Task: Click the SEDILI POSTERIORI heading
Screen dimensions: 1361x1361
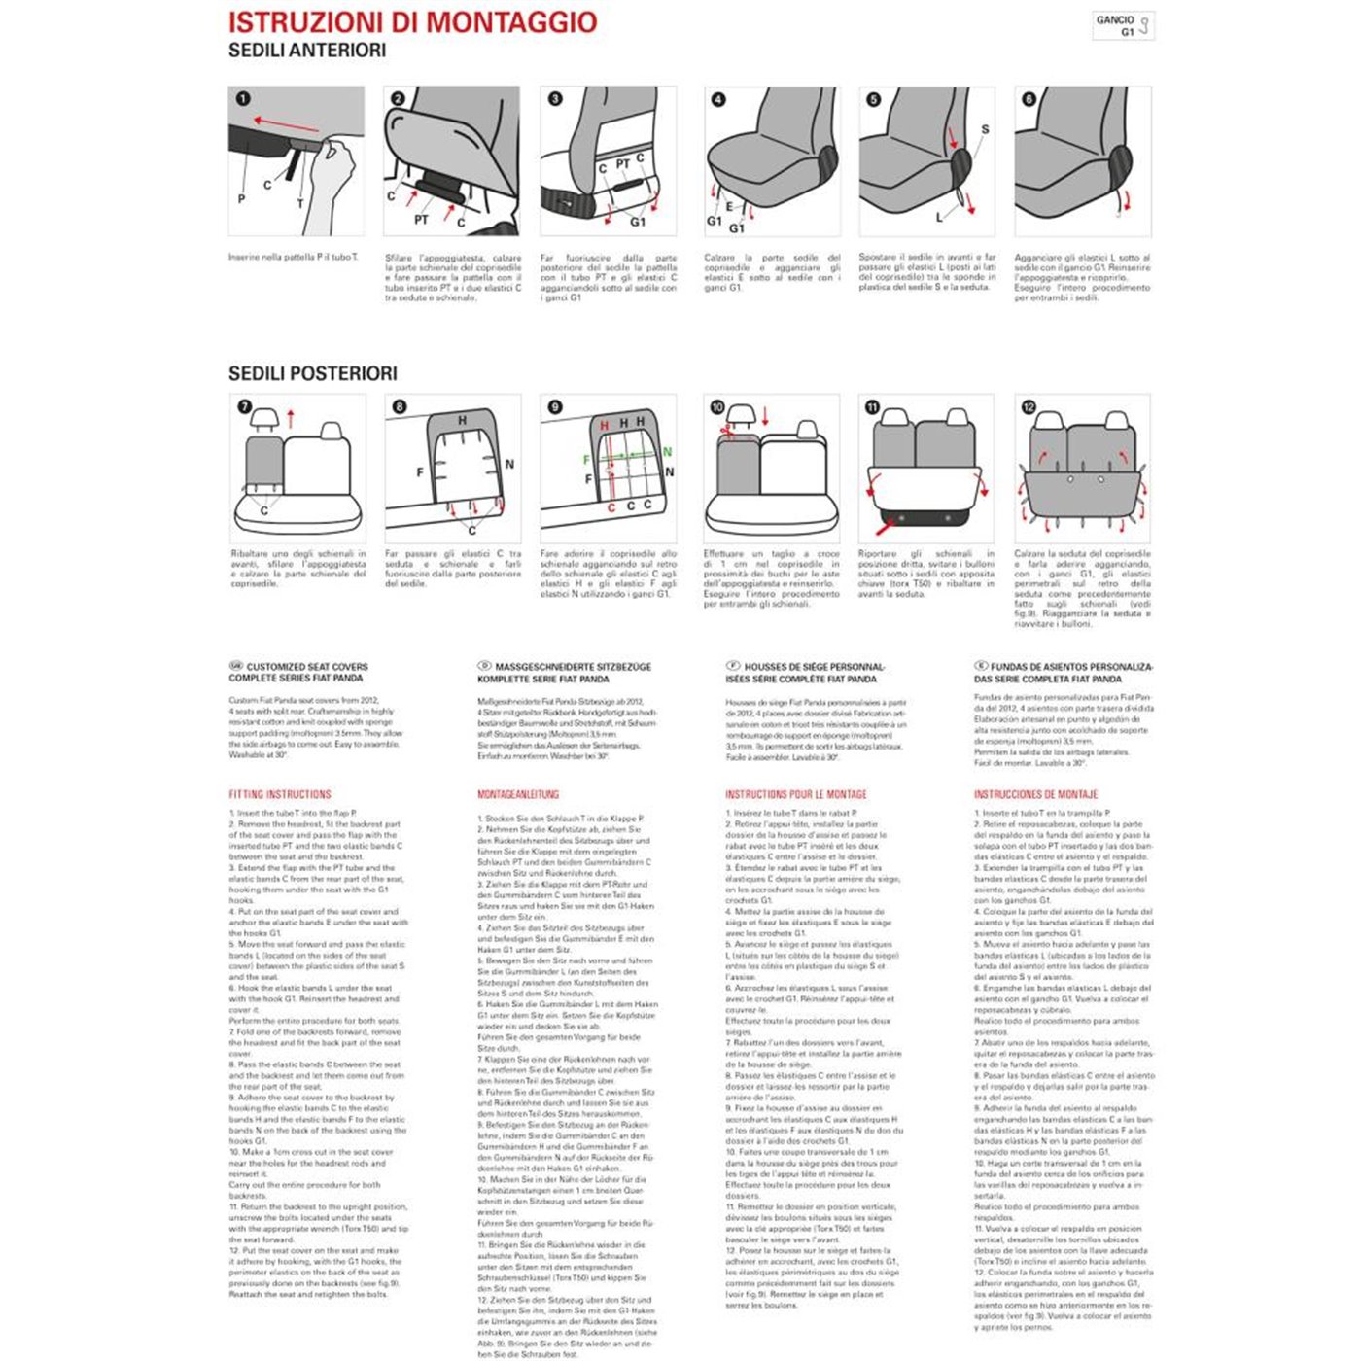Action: (x=312, y=373)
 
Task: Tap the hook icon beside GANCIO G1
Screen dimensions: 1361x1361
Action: (x=1144, y=26)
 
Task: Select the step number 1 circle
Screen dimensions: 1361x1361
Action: (x=242, y=98)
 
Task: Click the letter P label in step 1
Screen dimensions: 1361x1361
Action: (x=241, y=199)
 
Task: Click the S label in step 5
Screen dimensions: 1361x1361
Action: (x=985, y=129)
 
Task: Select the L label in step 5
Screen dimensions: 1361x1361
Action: (x=939, y=217)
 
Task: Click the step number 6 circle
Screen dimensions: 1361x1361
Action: (x=1029, y=98)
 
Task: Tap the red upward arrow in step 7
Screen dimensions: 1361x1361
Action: (x=291, y=420)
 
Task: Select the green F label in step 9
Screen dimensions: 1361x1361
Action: (x=586, y=460)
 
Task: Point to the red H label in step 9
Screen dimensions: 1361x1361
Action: (x=604, y=426)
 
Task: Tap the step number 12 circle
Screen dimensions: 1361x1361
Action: (x=1029, y=406)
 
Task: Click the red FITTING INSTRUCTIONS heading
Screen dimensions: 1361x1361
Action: (x=280, y=794)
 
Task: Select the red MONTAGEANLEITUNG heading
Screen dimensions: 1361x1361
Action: (x=518, y=794)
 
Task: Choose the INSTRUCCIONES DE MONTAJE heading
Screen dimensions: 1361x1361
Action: (x=1035, y=794)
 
